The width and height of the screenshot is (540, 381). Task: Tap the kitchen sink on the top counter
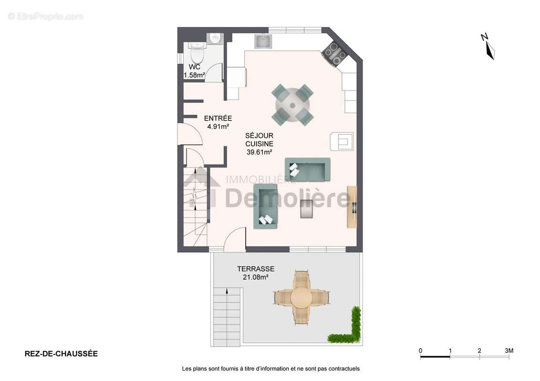point(263,41)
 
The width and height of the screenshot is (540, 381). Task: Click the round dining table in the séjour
point(292,105)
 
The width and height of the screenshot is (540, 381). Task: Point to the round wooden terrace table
point(301,298)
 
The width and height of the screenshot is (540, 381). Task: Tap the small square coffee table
point(307,209)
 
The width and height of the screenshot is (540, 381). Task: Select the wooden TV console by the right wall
point(352,207)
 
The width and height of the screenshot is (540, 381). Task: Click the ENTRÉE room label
point(218,118)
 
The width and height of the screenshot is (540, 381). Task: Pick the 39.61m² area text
point(260,152)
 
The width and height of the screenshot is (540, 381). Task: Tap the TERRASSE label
point(256,269)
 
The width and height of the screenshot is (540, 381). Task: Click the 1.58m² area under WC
point(194,75)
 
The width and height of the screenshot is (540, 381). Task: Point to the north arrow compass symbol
point(488,47)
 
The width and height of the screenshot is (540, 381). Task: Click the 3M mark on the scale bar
point(509,351)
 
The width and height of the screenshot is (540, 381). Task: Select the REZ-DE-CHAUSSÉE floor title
point(62,354)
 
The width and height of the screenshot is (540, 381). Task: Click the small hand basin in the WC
point(215,38)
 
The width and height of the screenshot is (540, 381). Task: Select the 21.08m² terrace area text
point(256,277)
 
